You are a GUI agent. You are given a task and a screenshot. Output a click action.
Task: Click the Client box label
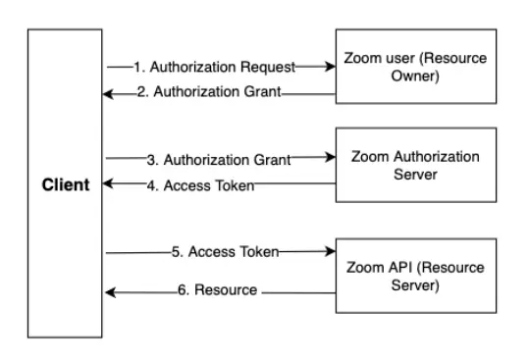pos(66,183)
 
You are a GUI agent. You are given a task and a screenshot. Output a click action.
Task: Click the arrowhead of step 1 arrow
pos(329,67)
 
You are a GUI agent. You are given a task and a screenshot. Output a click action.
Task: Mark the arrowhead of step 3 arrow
pos(329,157)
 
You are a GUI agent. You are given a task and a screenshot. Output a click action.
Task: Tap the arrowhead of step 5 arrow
pos(329,252)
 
